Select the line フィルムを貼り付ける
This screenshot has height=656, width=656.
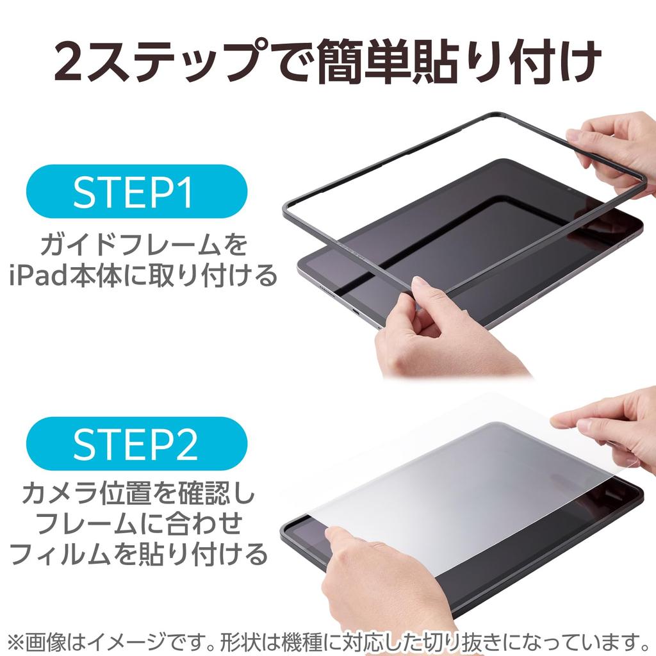[x=138, y=553]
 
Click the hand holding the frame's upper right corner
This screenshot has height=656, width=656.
[x=615, y=151]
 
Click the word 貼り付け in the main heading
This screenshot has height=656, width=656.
[x=512, y=62]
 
